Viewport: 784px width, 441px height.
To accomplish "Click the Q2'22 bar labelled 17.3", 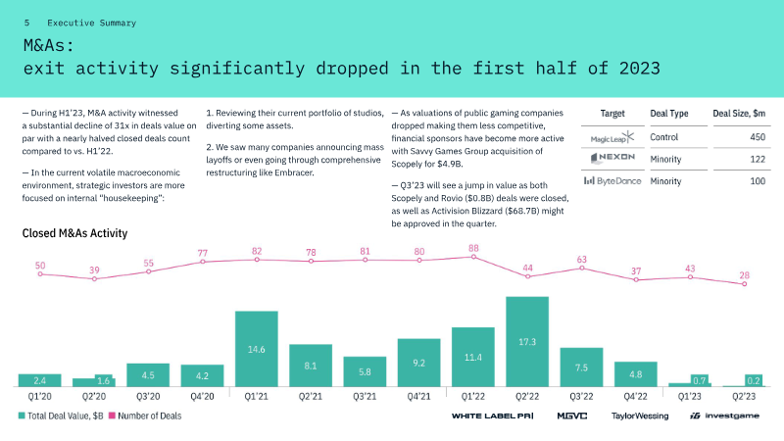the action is click(527, 341).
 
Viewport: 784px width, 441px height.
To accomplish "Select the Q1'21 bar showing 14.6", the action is click(257, 349).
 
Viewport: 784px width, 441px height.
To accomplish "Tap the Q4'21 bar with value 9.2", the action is click(419, 363).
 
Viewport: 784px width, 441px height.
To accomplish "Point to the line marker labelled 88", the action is click(473, 257).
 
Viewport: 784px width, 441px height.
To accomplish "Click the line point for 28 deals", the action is click(745, 284).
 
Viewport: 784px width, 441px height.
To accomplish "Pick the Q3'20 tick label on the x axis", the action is click(148, 397).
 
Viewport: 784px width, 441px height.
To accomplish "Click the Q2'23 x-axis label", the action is click(744, 397).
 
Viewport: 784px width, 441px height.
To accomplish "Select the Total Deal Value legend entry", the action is click(61, 416).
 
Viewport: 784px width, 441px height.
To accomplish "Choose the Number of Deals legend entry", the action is click(145, 416).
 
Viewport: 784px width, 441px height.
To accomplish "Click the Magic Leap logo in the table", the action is click(612, 137).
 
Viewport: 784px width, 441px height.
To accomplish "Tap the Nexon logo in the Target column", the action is click(612, 158).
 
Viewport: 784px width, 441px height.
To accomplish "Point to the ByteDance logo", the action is click(612, 181).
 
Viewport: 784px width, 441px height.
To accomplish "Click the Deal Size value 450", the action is click(758, 137).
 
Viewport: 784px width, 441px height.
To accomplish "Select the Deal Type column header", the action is click(669, 114).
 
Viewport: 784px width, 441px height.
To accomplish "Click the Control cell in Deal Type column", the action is click(664, 137).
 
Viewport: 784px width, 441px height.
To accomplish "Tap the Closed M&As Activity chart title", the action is click(75, 233).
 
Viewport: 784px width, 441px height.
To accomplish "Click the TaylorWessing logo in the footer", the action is click(640, 416).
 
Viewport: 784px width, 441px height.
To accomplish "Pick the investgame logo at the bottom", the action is click(724, 416).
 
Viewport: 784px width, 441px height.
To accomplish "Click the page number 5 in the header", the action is click(27, 23).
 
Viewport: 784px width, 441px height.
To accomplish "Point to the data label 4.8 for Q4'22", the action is click(635, 374).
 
